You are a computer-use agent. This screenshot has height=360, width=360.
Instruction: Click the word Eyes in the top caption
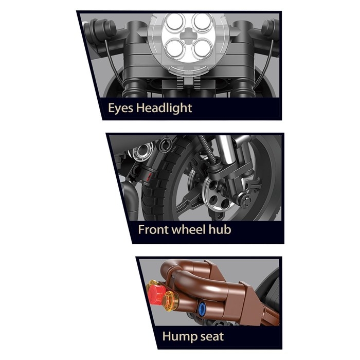[120, 108]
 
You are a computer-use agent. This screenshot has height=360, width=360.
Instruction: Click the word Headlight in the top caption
[164, 107]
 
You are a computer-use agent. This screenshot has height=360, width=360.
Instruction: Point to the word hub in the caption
[220, 229]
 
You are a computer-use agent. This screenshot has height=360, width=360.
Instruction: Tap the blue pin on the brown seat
[202, 307]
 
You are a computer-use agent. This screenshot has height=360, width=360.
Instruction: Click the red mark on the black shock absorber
[149, 177]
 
